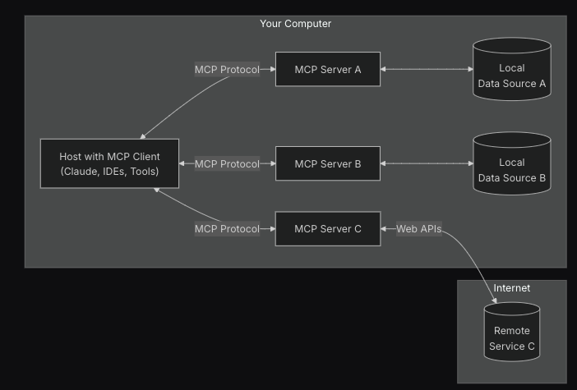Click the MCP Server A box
coord(327,70)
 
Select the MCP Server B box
coord(327,164)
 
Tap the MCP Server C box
coord(327,228)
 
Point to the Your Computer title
coord(295,24)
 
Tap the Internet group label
coord(511,288)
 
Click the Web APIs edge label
coord(418,228)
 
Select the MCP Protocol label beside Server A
coord(227,70)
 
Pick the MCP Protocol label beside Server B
coord(227,164)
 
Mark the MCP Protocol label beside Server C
coord(227,228)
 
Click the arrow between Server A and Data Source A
coord(427,70)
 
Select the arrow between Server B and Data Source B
coord(427,164)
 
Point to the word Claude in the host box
coord(82,172)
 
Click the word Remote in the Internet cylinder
coord(511,331)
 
